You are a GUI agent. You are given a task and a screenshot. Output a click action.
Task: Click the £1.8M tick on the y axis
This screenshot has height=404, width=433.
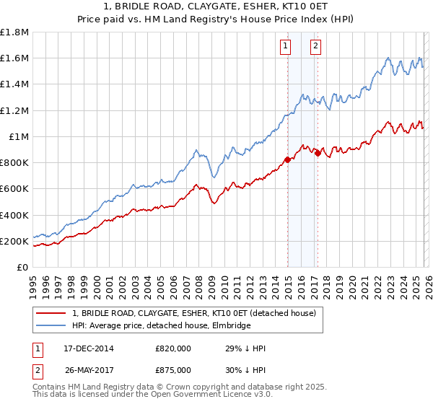point(14,32)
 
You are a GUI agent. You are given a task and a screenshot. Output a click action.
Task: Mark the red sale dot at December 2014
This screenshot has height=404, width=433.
point(288,160)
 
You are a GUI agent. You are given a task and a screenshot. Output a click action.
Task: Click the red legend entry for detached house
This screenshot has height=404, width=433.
point(194,314)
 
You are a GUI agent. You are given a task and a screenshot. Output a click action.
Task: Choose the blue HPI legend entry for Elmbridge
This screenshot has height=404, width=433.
point(161,326)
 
